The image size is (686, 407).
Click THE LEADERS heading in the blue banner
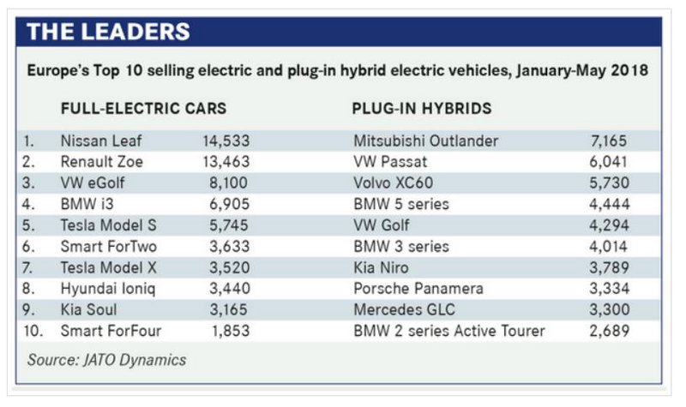[x=108, y=32]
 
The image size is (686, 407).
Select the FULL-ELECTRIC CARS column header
[x=143, y=109]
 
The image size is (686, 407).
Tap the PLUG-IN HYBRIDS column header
[x=421, y=109]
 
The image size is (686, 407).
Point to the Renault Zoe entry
[x=101, y=161]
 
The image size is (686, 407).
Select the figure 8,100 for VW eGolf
[x=227, y=183]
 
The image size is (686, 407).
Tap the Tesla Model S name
[x=109, y=224]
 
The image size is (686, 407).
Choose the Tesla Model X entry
[x=109, y=267]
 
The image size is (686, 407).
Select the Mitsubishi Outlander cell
[x=425, y=140]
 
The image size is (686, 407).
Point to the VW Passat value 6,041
[x=605, y=161]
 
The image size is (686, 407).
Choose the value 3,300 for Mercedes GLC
[x=605, y=309]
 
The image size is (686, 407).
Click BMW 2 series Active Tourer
[x=448, y=331]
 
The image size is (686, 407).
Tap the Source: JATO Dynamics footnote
[x=106, y=360]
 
